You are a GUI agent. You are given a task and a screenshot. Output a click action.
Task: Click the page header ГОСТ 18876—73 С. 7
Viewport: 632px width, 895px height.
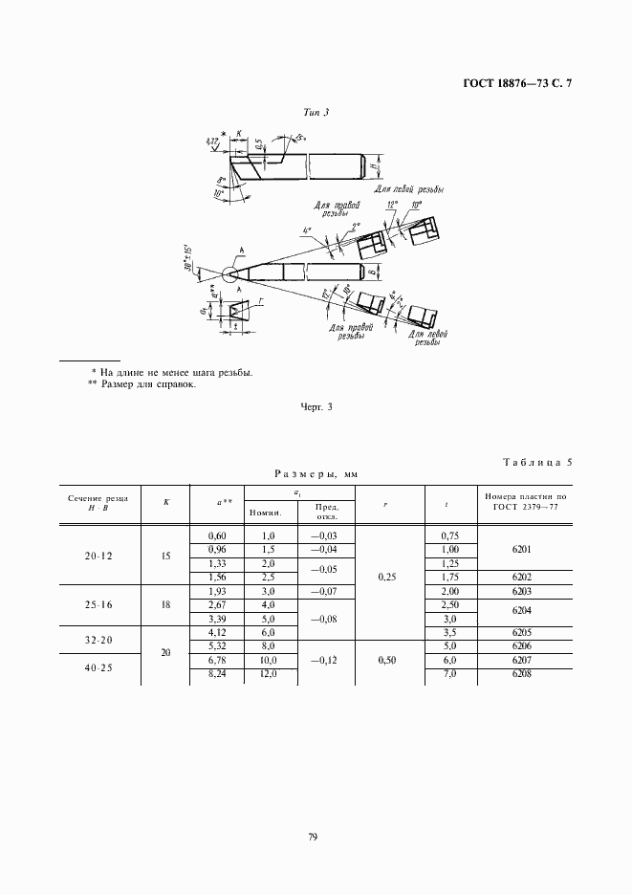coord(517,84)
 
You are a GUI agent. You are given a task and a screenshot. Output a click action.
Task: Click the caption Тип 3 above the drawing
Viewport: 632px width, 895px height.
coord(316,113)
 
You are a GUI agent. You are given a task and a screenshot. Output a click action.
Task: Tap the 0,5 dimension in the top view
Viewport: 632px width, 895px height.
coord(259,145)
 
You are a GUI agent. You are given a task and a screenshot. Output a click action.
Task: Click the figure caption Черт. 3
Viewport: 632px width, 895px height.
coord(316,408)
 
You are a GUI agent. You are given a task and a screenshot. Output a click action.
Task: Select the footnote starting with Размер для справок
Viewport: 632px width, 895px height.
coord(142,385)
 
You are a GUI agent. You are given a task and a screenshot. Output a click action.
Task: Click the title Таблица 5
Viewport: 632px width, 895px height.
coord(536,463)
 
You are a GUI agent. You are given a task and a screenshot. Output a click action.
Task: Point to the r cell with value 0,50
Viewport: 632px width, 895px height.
coord(388,660)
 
